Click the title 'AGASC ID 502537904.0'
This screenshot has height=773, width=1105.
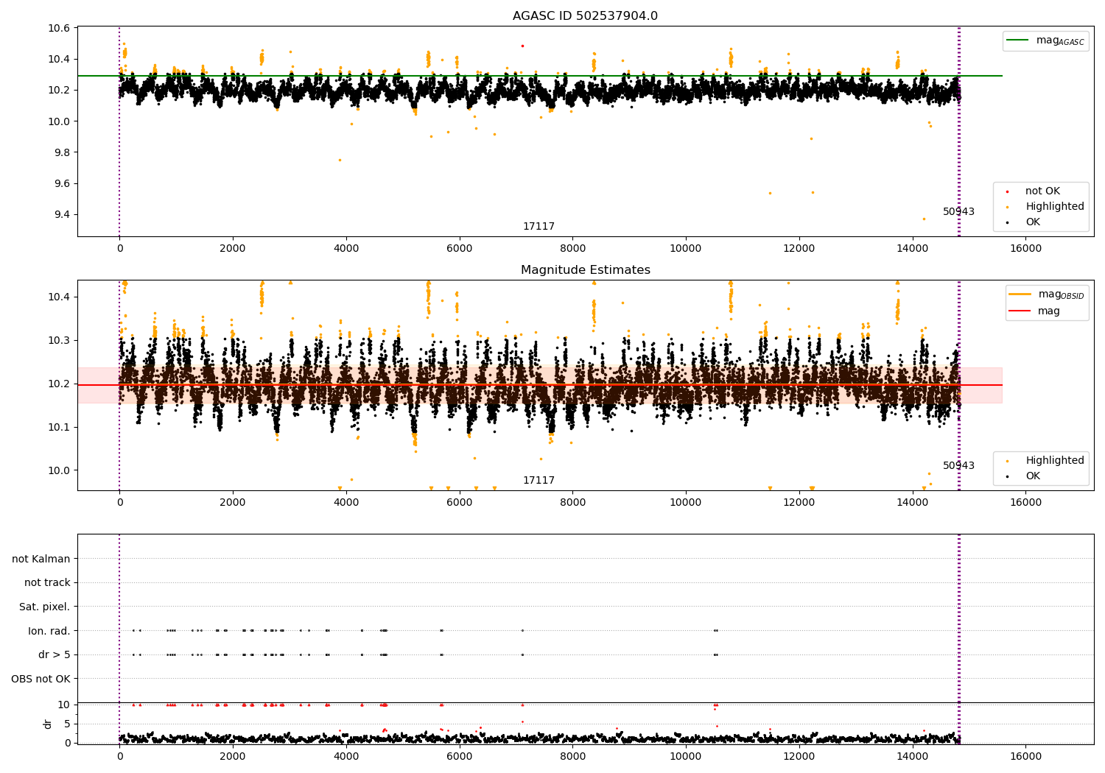point(585,16)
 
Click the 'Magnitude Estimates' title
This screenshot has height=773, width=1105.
point(585,270)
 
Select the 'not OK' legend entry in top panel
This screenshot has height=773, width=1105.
point(1042,191)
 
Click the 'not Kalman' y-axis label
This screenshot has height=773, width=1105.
point(41,559)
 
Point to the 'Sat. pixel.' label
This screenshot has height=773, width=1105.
point(45,607)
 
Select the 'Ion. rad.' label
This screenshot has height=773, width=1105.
point(49,631)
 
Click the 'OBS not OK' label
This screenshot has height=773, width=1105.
point(41,679)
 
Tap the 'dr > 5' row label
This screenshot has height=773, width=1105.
point(55,654)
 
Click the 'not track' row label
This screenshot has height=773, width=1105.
point(47,583)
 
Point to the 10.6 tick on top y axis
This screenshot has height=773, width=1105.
point(59,29)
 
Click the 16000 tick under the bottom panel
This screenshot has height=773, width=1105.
point(1025,756)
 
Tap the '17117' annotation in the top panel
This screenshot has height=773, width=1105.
point(539,227)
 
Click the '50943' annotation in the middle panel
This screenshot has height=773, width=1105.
point(958,465)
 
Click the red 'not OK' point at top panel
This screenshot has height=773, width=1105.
point(522,46)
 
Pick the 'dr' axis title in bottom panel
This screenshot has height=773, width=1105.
point(48,724)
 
